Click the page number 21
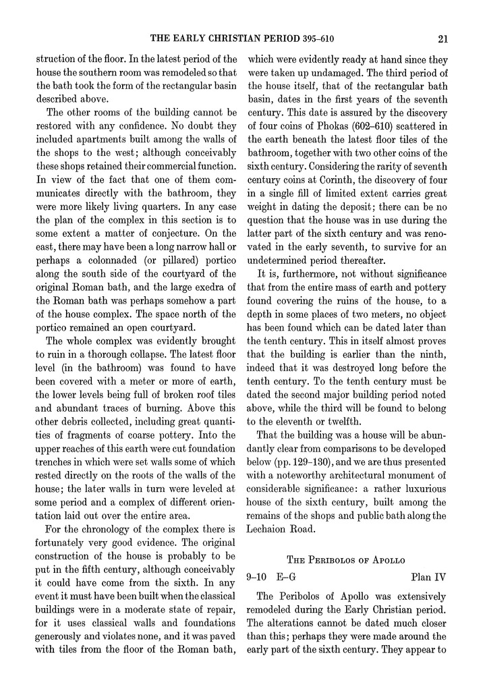[442, 38]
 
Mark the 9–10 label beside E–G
[258, 577]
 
